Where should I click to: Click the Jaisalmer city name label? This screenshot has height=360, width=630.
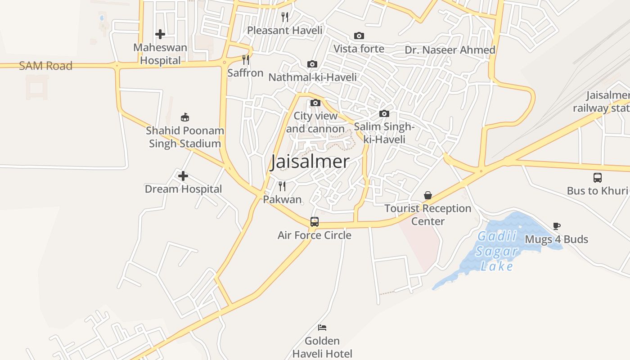pyautogui.click(x=310, y=162)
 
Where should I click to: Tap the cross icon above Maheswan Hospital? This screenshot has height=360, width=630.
pyautogui.click(x=160, y=34)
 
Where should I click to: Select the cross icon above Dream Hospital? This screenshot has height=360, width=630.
pyautogui.click(x=183, y=176)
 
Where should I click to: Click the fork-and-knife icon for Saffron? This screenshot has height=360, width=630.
pyautogui.click(x=245, y=60)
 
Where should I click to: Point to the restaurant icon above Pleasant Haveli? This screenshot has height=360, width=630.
pyautogui.click(x=284, y=17)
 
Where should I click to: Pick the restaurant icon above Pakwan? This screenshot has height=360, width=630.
pyautogui.click(x=282, y=186)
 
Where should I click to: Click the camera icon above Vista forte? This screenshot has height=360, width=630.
pyautogui.click(x=359, y=36)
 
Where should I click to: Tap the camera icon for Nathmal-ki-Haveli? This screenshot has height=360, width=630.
pyautogui.click(x=312, y=64)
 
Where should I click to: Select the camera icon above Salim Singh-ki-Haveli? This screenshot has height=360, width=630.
pyautogui.click(x=384, y=113)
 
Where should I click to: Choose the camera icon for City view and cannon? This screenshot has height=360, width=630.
pyautogui.click(x=315, y=103)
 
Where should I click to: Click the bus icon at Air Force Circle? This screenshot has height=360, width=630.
pyautogui.click(x=314, y=222)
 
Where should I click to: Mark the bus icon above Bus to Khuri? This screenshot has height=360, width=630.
pyautogui.click(x=597, y=177)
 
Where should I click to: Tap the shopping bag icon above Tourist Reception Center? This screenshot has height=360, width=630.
pyautogui.click(x=427, y=195)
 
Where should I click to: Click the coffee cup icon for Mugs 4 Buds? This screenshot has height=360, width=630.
pyautogui.click(x=557, y=226)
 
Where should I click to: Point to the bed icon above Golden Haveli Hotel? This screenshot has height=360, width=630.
pyautogui.click(x=322, y=327)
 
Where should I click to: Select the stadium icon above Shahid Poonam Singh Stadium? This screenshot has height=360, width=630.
pyautogui.click(x=184, y=117)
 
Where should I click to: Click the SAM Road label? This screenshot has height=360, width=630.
pyautogui.click(x=45, y=66)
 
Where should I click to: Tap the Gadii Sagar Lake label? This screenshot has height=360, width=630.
pyautogui.click(x=496, y=251)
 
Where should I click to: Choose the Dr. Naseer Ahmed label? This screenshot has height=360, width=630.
pyautogui.click(x=450, y=50)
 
